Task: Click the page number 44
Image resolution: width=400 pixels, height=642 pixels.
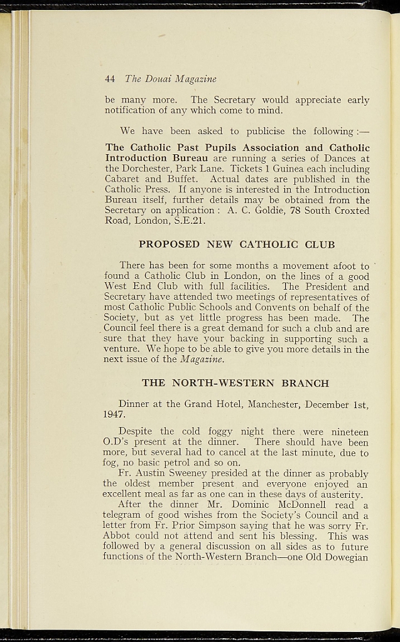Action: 110,79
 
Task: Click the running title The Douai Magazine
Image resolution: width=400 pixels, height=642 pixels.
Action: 170,79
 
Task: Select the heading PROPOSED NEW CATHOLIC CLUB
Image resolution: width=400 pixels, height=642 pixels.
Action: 237,245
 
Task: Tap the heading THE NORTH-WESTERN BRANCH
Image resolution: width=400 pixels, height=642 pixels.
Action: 235,383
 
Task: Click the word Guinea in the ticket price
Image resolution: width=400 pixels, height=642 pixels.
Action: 288,169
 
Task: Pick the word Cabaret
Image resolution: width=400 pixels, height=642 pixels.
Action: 123,179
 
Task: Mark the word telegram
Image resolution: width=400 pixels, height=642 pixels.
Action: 125,515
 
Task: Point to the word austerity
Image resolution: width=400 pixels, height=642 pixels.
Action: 340,495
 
